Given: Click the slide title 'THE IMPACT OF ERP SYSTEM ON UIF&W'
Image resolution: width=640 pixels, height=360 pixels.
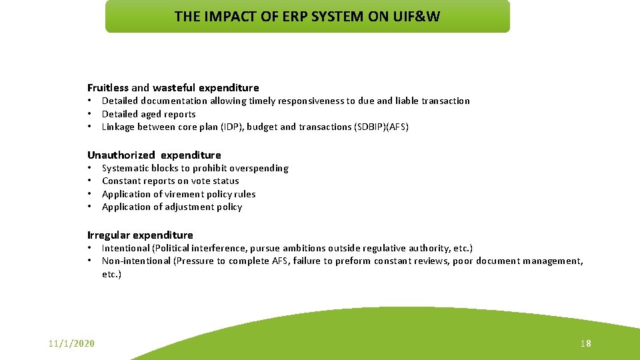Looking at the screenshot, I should click(x=307, y=17).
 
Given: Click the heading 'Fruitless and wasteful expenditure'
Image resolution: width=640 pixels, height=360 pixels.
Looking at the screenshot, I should click(x=173, y=88).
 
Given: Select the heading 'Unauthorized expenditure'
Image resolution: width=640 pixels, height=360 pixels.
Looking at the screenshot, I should click(x=154, y=155).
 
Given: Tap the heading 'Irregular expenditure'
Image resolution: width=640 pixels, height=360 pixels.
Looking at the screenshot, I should click(x=140, y=235).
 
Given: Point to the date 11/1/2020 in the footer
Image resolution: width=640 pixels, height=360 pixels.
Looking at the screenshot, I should click(x=71, y=343).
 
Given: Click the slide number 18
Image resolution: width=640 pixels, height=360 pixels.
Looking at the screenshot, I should click(x=585, y=343).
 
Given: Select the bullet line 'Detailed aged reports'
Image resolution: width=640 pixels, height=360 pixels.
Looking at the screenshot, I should click(x=149, y=114).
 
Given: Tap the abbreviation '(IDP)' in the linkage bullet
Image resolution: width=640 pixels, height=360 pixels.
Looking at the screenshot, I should click(x=231, y=127).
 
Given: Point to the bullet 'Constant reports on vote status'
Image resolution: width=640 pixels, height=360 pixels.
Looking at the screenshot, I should click(x=170, y=181).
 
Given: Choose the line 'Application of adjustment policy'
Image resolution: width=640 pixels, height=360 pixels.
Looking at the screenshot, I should click(x=172, y=207).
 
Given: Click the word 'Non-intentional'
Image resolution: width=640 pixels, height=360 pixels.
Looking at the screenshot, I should click(x=137, y=261).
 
